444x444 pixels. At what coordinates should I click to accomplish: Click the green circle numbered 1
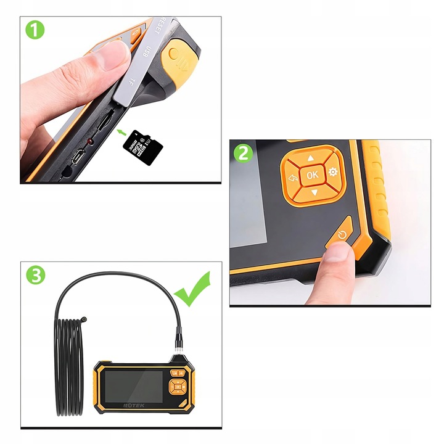[x=35, y=29]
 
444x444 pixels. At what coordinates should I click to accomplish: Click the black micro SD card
[x=142, y=147]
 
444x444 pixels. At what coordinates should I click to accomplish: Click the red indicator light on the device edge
[x=90, y=141]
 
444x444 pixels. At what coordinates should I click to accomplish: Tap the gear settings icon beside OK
[x=334, y=173]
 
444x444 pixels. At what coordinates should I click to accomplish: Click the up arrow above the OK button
[x=312, y=158]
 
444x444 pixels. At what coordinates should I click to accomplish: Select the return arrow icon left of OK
[x=292, y=177]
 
